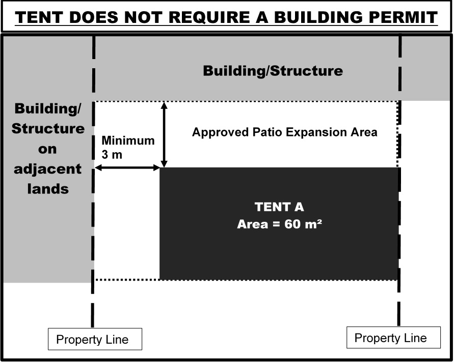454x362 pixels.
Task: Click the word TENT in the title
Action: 39,17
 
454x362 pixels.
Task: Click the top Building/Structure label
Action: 273,71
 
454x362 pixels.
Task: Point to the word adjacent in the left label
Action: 47,169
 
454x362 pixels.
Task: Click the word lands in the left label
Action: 48,189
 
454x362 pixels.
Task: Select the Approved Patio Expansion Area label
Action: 285,132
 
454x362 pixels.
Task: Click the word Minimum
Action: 128,141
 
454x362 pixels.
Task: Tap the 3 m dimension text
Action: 112,155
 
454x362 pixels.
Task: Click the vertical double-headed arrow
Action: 164,134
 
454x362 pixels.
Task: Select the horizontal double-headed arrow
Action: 127,168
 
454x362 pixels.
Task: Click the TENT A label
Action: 279,207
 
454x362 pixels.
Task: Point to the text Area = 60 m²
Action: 279,224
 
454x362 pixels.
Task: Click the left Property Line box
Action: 95,339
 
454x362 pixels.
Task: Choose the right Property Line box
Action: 393,338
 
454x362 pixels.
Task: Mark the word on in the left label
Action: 47,149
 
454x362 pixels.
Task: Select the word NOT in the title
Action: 143,17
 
